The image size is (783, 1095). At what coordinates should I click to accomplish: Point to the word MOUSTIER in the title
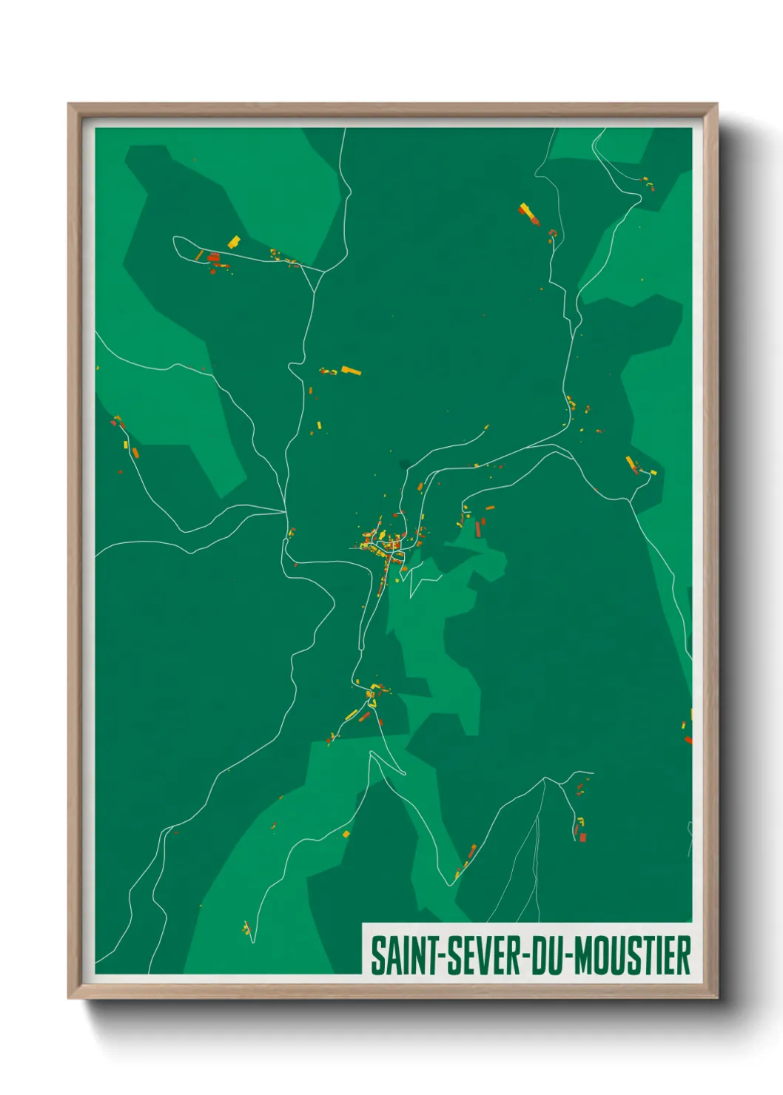point(633,956)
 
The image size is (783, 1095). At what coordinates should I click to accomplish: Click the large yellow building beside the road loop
point(234,242)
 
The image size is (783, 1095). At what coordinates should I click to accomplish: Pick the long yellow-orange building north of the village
point(351,370)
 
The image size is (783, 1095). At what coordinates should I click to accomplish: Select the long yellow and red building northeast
point(528,213)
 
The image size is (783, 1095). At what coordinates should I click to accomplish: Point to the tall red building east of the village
point(479,528)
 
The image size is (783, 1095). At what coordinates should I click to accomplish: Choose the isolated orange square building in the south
point(346,834)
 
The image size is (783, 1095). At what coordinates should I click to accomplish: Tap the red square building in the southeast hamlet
point(582,837)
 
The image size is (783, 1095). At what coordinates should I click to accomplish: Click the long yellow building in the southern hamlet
point(352,715)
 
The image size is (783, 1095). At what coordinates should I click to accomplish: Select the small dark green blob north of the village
point(404,465)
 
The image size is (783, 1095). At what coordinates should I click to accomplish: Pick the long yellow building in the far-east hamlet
point(631,463)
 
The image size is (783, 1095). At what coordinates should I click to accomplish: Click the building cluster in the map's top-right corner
point(648,183)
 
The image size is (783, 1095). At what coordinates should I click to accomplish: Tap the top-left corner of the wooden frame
point(70,105)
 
